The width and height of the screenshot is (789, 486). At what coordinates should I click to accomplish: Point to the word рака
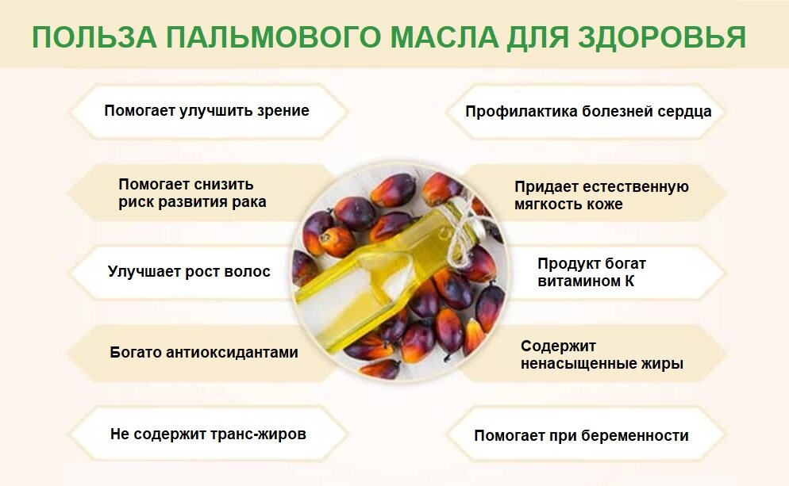point(249,202)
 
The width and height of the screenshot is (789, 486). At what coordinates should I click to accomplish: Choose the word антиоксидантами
point(233,353)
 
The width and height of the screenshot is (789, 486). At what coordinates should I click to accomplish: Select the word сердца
point(684,112)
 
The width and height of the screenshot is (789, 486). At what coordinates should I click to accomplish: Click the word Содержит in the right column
point(558,346)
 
